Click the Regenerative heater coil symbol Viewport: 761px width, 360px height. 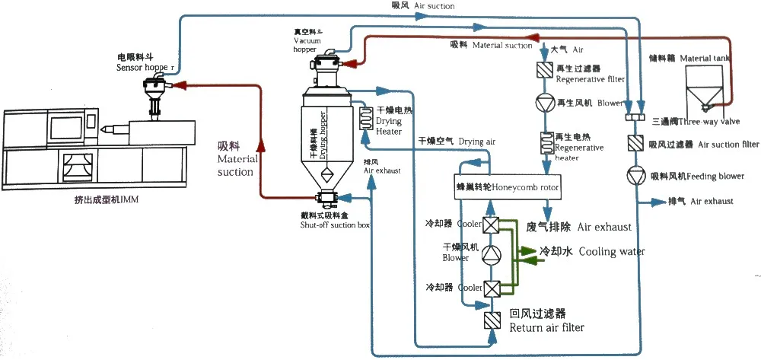[546, 143]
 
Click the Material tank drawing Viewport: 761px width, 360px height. [705, 87]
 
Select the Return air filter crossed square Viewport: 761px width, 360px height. [490, 319]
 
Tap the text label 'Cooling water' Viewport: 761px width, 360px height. [592, 251]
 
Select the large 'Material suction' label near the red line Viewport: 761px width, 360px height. [235, 158]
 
